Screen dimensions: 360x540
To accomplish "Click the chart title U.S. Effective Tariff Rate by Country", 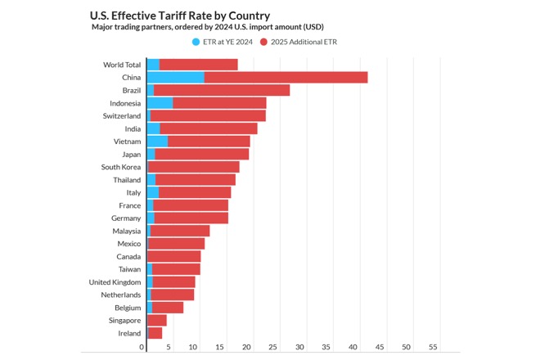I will tap(180, 15).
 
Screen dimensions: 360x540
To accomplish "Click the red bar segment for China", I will tap(286, 78).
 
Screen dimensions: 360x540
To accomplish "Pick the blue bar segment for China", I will tap(175, 78).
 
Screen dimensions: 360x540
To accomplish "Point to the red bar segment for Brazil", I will tap(221, 90).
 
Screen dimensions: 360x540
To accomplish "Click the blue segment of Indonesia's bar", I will tap(160, 103).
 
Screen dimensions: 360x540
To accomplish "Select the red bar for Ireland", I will tap(155, 333).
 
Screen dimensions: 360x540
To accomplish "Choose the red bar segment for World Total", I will tap(198, 65).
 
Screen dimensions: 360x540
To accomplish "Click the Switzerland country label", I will tap(121, 116).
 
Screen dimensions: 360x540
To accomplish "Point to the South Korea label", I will tap(121, 167).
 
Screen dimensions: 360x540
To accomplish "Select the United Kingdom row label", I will tap(115, 281).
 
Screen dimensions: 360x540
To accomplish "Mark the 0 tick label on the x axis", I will tap(142, 347).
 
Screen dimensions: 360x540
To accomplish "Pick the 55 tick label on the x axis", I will tap(434, 347).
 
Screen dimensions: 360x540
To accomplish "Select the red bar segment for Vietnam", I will tap(209, 142).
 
